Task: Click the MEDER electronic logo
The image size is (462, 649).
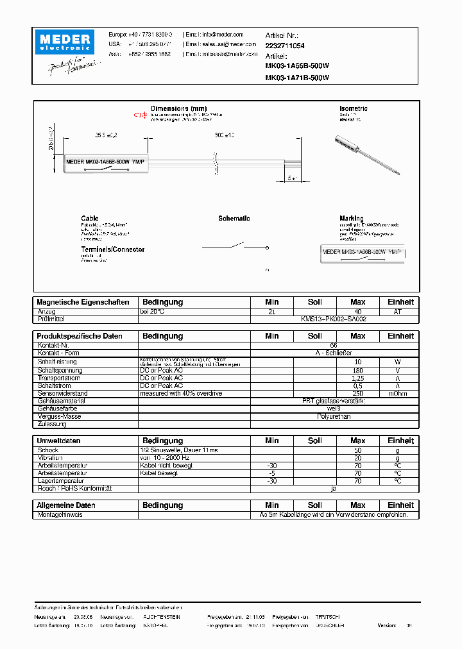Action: point(66,43)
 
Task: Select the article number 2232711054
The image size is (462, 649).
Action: point(285,46)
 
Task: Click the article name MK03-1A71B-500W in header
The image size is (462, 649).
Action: point(297,78)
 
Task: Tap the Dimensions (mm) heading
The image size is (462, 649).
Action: point(178,109)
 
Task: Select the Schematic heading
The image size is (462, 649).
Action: point(234,219)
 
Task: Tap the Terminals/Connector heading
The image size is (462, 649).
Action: point(113,249)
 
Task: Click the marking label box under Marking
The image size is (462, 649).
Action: point(363,253)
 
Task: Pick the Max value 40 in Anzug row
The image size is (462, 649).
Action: point(357,311)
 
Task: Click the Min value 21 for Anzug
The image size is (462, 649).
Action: point(271,311)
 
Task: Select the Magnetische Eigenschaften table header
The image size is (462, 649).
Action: point(83,302)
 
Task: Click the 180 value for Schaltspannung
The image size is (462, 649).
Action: point(357,370)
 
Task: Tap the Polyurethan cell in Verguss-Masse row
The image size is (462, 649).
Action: point(334,416)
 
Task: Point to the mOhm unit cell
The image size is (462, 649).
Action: point(400,393)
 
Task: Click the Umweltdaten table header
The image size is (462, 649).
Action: point(59,441)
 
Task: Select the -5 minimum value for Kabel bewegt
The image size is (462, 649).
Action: point(271,473)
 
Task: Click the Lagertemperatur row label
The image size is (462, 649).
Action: point(61,481)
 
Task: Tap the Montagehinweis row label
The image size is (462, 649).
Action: point(60,514)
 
